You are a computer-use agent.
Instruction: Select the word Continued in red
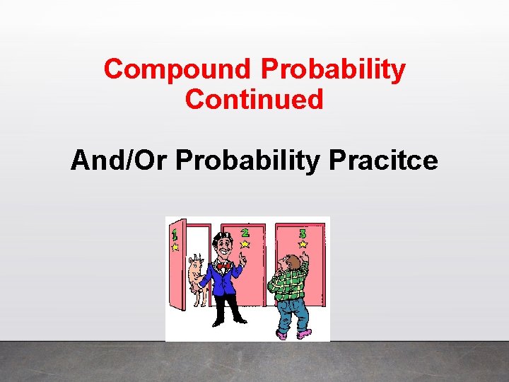tap(254, 99)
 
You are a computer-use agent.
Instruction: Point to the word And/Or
tap(119, 161)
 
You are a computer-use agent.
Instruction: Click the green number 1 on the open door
tap(174, 232)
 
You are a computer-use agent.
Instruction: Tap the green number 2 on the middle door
tap(245, 232)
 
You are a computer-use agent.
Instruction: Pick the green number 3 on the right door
tap(303, 233)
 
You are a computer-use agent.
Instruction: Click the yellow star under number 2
tap(245, 244)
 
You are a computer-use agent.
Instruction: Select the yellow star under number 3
tap(303, 244)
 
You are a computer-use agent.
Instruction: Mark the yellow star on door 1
tap(175, 247)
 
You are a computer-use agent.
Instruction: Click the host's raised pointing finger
tap(242, 256)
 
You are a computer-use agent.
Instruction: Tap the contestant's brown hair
tap(290, 260)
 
